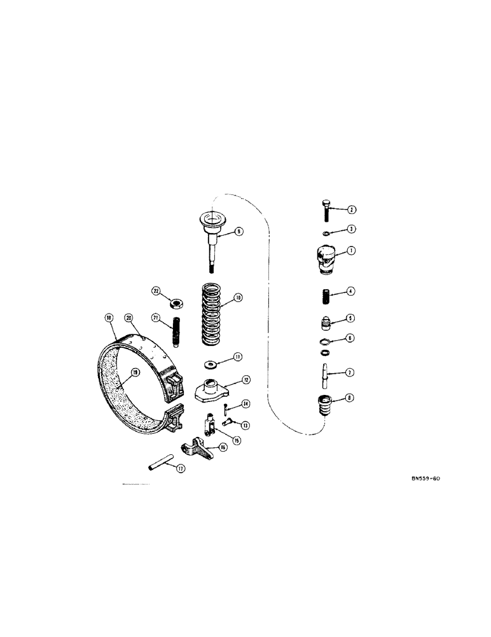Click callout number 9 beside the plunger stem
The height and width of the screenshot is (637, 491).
tap(239, 233)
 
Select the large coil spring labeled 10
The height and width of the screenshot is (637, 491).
tap(216, 312)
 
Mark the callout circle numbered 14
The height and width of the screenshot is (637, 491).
tap(246, 404)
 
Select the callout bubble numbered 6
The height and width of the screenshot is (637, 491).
tap(350, 339)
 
